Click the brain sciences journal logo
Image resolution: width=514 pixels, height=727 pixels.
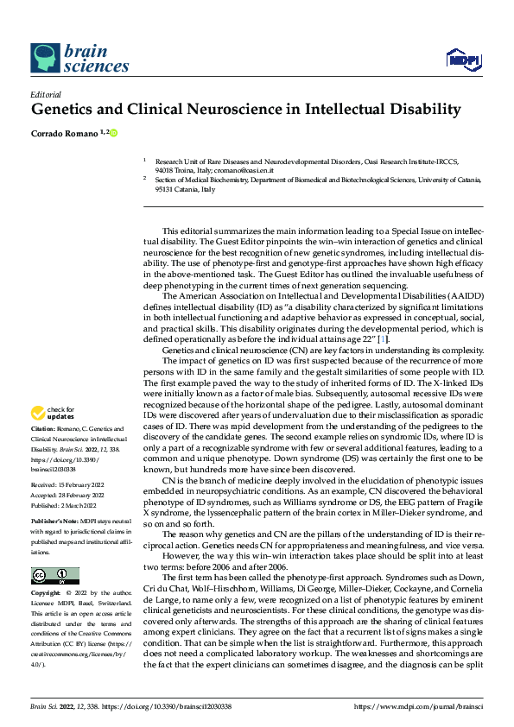click(68, 59)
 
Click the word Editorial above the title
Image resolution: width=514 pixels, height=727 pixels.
click(45, 94)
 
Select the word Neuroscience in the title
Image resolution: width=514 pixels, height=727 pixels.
click(244, 110)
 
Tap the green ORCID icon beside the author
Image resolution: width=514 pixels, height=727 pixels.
click(112, 132)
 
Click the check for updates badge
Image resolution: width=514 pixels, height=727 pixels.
click(55, 413)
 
